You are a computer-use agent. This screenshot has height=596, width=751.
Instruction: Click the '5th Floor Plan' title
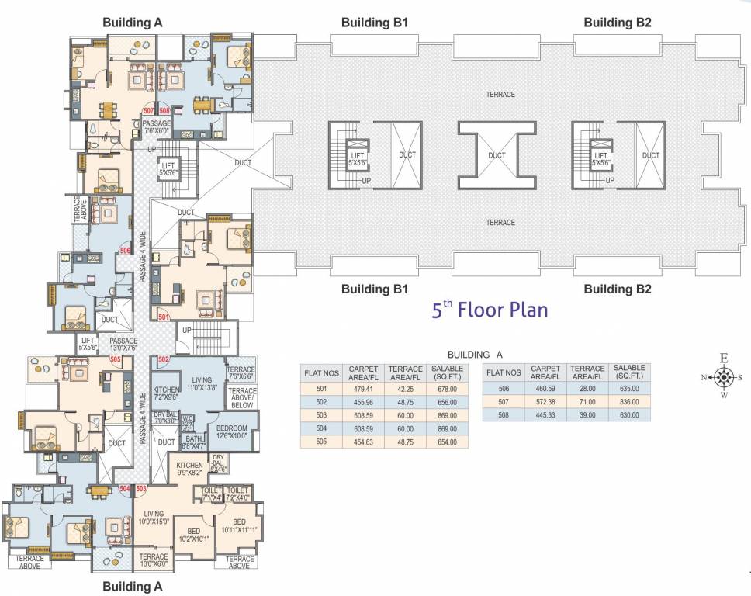pos(490,310)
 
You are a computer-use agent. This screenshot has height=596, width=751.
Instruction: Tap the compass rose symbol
pos(723,378)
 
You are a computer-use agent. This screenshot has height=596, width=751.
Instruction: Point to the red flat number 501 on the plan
pos(164,317)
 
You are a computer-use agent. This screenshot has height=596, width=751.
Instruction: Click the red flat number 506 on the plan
pos(125,251)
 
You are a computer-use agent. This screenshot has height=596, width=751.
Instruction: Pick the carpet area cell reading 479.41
pos(363,389)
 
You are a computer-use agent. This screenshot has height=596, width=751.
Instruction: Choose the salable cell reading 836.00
pos(625,402)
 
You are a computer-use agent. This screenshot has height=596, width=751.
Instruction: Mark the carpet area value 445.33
pos(545,415)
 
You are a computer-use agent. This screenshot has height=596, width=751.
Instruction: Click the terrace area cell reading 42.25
pos(406,389)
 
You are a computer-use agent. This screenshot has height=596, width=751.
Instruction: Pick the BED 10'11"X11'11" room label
pos(239,525)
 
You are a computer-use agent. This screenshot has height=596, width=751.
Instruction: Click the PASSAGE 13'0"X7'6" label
pos(123,344)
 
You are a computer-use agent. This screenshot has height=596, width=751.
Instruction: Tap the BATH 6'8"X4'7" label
pos(194,442)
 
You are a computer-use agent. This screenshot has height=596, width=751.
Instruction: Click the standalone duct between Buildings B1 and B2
pos(497,154)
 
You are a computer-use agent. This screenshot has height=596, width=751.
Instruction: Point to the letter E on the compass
pos(723,359)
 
